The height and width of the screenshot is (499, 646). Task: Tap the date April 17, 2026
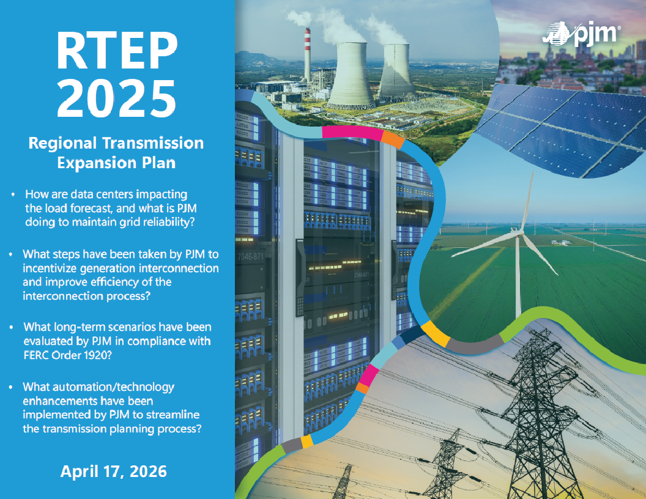[113, 471]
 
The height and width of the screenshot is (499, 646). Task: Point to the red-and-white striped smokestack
[307, 54]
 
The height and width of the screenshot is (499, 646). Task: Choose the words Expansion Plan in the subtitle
[116, 163]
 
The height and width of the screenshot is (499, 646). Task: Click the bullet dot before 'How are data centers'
[13, 194]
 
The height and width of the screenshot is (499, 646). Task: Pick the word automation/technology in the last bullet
[98, 387]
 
